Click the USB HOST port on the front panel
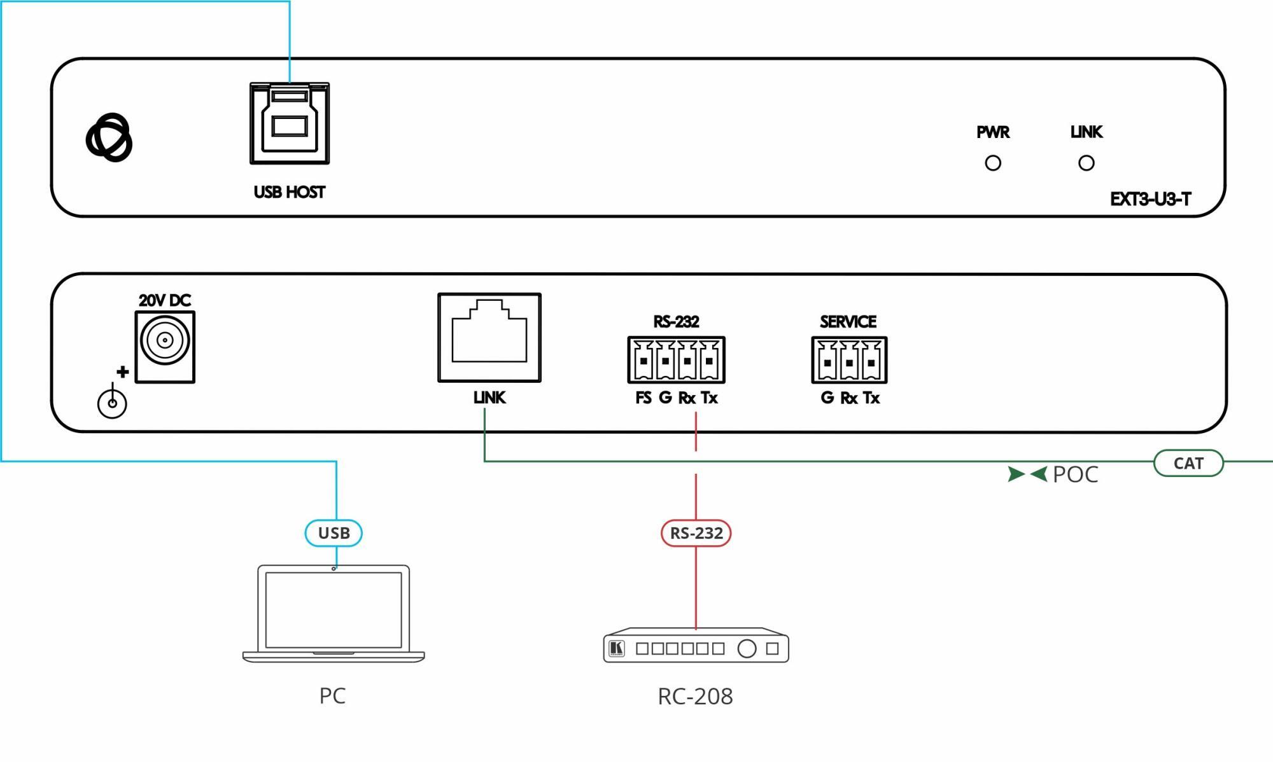tap(290, 123)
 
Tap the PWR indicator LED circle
tap(993, 163)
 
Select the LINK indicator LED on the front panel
tap(1087, 163)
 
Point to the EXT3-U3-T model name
tap(1150, 200)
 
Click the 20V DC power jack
tap(165, 347)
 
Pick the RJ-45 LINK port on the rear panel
tap(489, 338)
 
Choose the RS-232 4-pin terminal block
tap(676, 360)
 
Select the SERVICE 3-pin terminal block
tap(849, 360)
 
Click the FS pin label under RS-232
tap(643, 398)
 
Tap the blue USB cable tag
tap(334, 533)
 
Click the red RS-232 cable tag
tap(696, 533)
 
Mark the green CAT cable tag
tap(1188, 463)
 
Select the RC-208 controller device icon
tap(696, 646)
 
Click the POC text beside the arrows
tap(1075, 475)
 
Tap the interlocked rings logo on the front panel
tap(109, 137)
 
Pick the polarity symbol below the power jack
tap(112, 403)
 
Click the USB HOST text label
tap(290, 192)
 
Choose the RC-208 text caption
tap(695, 696)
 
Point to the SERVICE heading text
tap(848, 322)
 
